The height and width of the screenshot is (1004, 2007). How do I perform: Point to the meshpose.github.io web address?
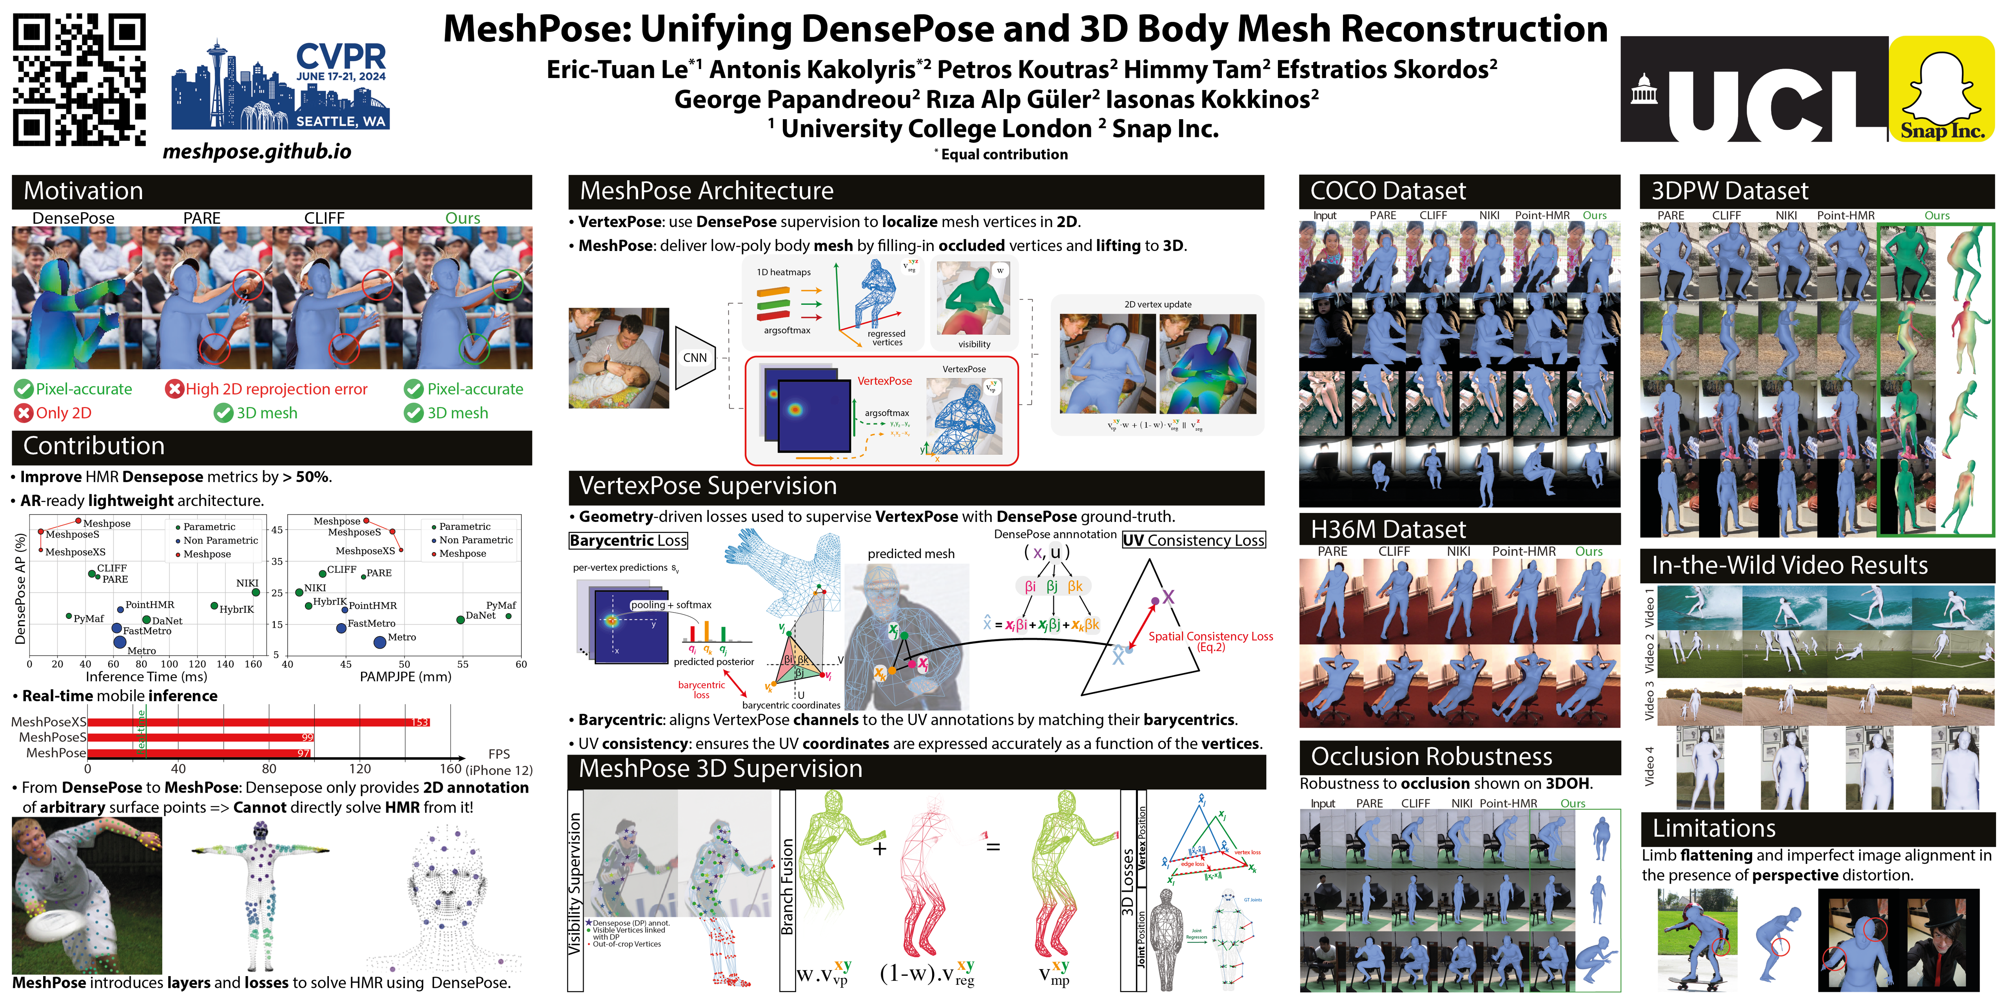[257, 151]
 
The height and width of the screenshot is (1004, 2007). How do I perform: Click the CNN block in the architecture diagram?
[694, 358]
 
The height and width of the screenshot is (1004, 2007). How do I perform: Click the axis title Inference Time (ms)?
[147, 677]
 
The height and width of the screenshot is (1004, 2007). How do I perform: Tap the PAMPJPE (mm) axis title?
[405, 677]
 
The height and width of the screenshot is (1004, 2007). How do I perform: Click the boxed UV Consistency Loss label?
[1194, 540]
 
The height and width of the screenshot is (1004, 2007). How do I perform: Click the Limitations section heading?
[1714, 828]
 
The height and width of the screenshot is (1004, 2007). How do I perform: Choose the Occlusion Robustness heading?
[1431, 756]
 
